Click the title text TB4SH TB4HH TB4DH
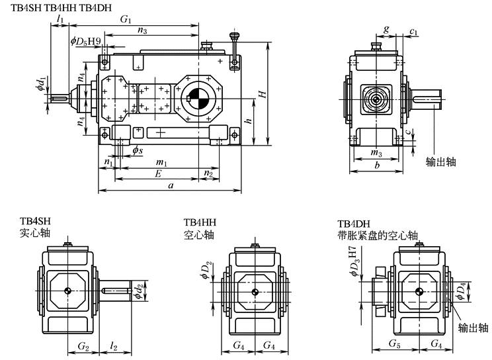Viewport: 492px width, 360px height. pyautogui.click(x=61, y=7)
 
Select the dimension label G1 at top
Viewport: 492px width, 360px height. pyautogui.click(x=126, y=21)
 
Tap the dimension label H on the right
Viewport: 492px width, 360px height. pyautogui.click(x=263, y=95)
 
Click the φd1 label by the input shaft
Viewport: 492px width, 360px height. pyautogui.click(x=41, y=83)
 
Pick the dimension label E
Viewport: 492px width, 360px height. pyautogui.click(x=157, y=174)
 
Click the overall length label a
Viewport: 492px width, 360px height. pyautogui.click(x=171, y=187)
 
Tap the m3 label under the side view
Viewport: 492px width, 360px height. pyautogui.click(x=376, y=154)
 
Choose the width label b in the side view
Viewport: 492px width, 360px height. pyautogui.click(x=376, y=165)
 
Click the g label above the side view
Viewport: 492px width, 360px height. pyautogui.click(x=386, y=29)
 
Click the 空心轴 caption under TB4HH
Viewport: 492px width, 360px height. pyautogui.click(x=198, y=234)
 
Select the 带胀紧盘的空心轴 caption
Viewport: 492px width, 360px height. pyautogui.click(x=378, y=234)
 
